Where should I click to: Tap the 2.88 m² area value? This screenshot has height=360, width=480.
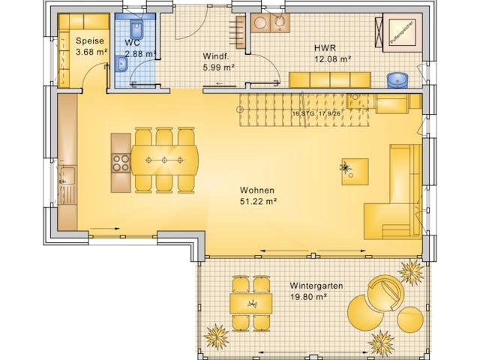tap(140, 53)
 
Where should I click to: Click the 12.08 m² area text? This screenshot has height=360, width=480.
tap(332, 58)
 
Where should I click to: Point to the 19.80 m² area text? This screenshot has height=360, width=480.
tap(307, 297)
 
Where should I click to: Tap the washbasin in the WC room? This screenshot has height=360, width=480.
tap(123, 65)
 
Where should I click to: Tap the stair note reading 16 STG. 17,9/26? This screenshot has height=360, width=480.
tap(316, 114)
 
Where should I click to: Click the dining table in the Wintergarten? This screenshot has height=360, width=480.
tap(250, 303)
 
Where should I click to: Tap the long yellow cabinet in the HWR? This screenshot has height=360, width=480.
tap(330, 79)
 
